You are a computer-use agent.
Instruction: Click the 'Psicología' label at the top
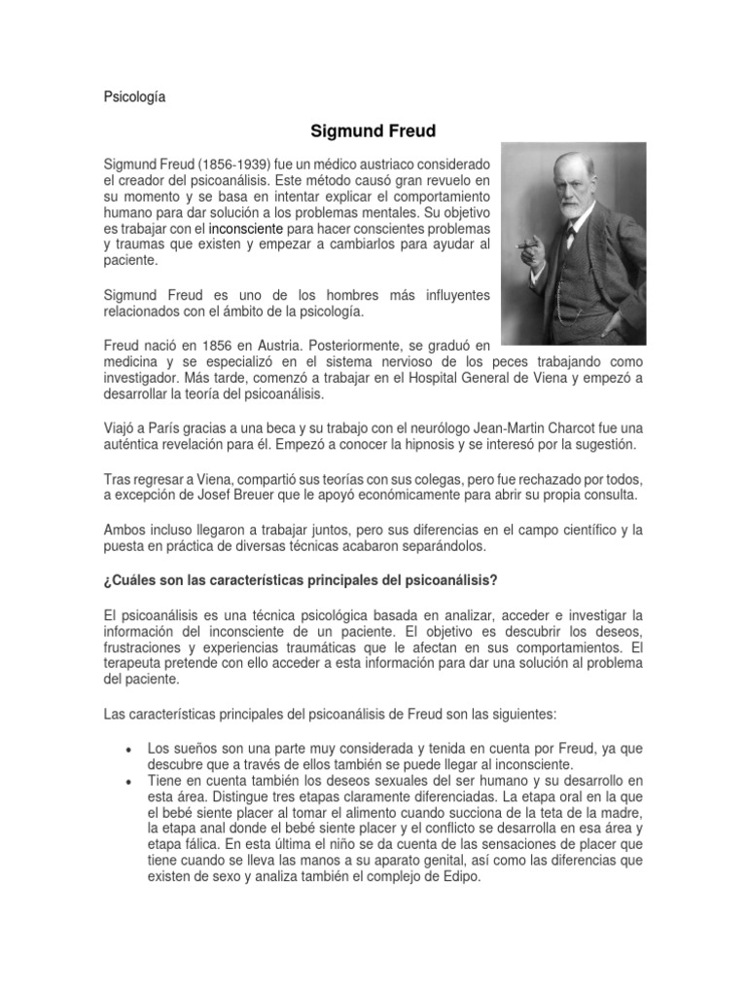[134, 97]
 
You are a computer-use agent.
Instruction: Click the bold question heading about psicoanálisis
[300, 581]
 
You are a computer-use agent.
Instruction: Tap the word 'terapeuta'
[134, 665]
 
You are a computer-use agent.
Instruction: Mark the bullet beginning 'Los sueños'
[129, 749]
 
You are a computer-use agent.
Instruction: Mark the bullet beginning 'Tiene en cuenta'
[129, 782]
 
